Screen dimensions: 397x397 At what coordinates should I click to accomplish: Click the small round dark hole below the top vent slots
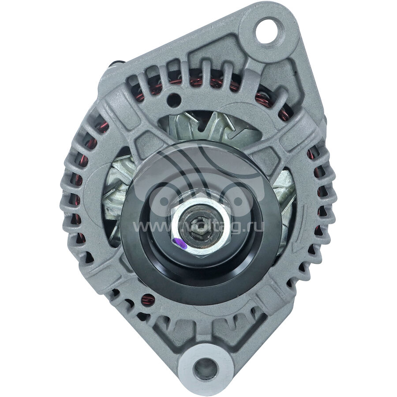175,99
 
